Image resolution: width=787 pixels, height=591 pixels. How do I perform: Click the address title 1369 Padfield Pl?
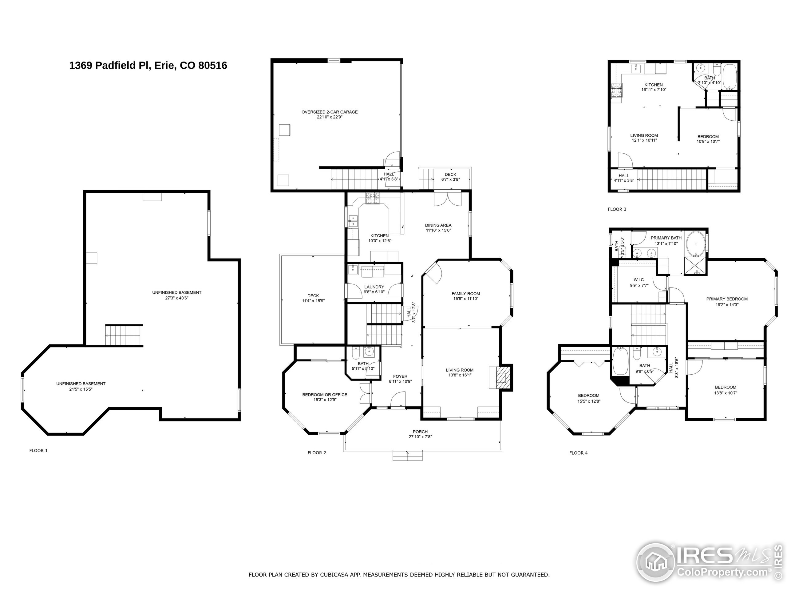(148, 66)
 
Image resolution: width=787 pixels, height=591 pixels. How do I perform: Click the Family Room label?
(466, 294)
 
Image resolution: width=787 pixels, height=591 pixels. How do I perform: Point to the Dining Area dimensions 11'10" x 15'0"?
(438, 231)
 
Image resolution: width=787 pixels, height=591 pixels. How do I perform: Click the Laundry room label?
(374, 287)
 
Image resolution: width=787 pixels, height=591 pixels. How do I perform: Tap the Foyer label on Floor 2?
(400, 376)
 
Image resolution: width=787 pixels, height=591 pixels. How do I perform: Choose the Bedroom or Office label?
(324, 394)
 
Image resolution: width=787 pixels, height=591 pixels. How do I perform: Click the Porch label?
(420, 432)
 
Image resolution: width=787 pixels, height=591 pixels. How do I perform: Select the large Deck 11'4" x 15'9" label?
(313, 296)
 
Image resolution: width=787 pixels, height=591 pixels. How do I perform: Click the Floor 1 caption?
(38, 451)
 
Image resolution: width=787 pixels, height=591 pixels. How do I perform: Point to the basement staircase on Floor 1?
(124, 336)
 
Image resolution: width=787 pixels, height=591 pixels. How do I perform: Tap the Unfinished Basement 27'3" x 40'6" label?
(177, 292)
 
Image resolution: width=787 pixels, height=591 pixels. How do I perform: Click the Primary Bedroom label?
(726, 299)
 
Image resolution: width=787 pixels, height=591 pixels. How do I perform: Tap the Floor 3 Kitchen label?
(654, 85)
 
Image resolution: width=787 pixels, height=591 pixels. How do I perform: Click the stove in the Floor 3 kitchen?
(617, 90)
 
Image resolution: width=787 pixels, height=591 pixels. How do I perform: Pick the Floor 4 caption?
(578, 453)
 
